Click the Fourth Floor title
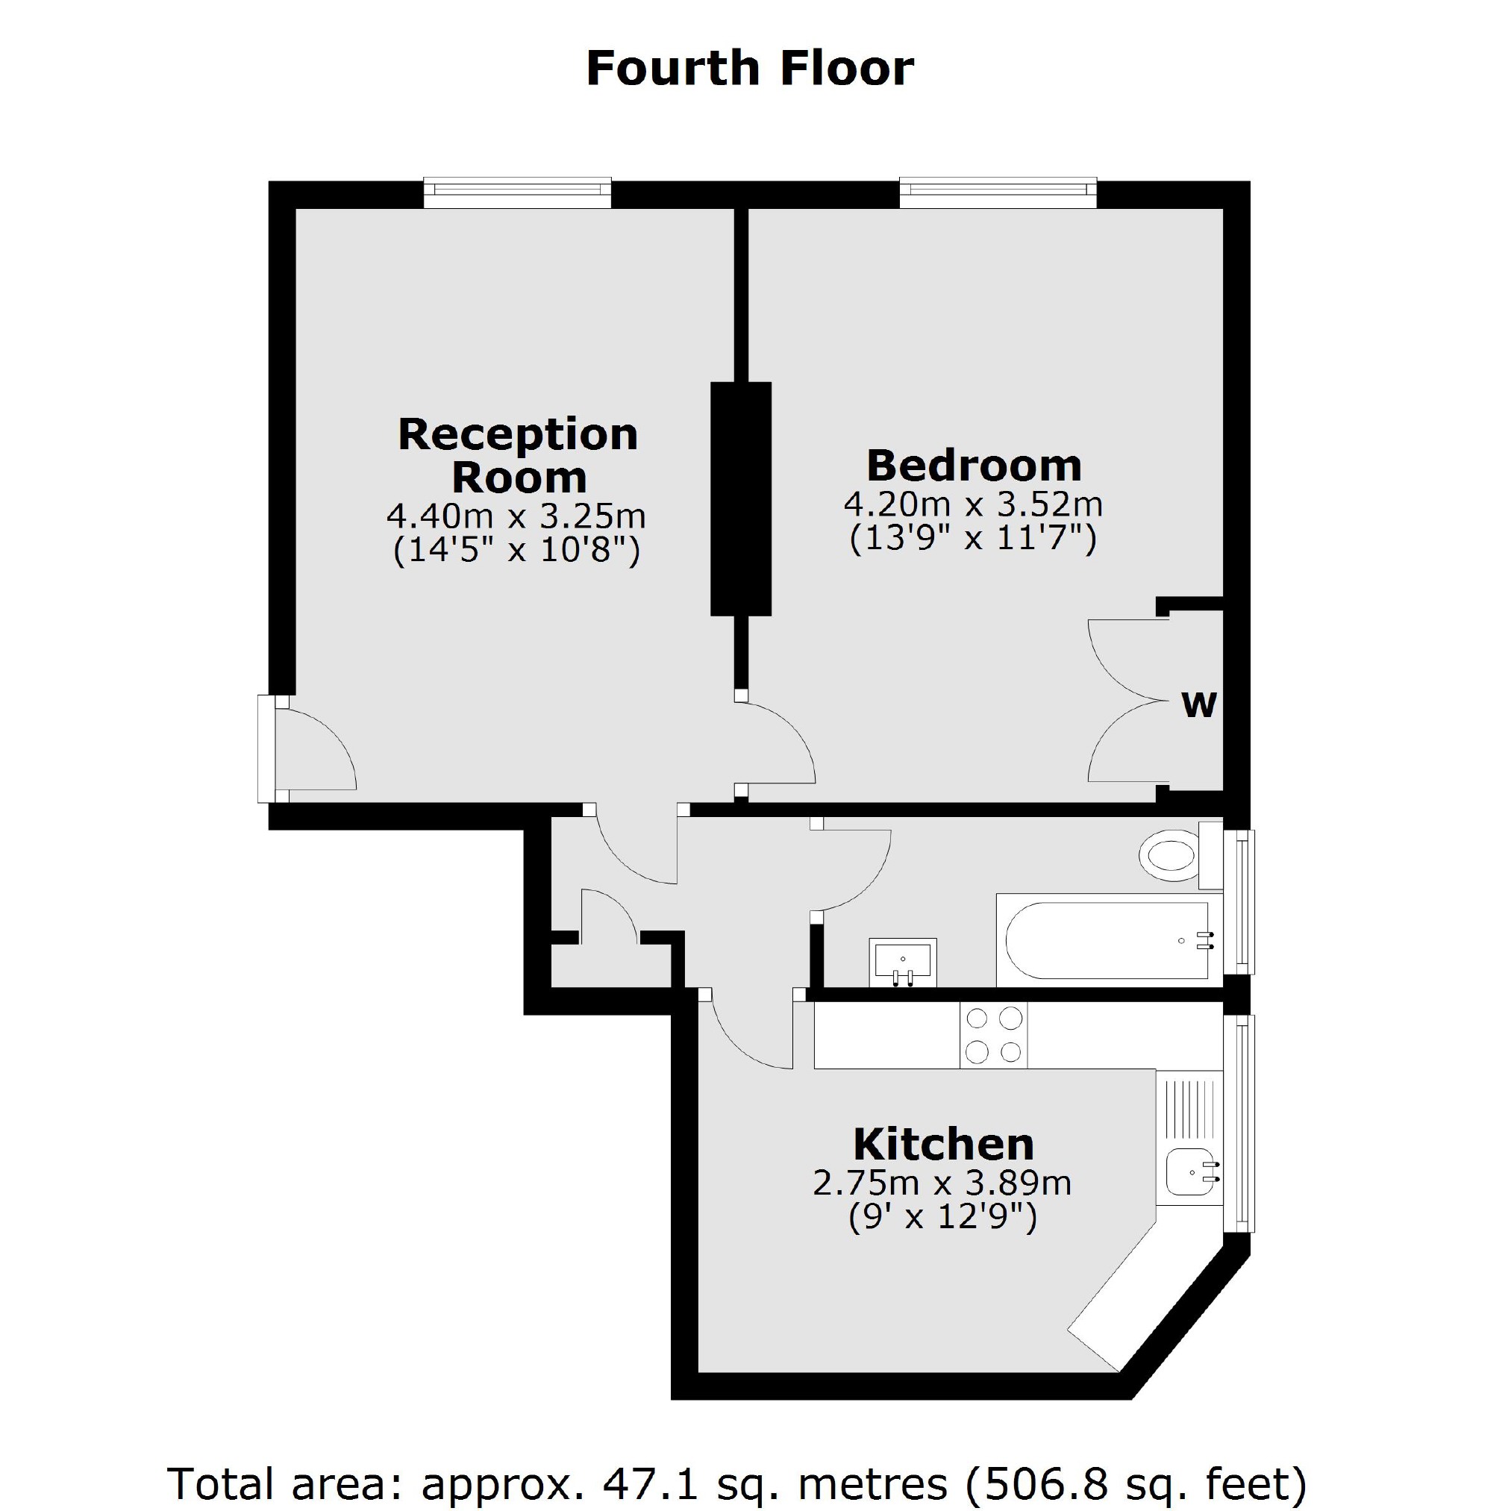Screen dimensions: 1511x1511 pyautogui.click(x=749, y=68)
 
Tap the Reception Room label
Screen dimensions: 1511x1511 pyautogui.click(x=519, y=455)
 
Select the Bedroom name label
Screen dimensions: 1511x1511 pyautogui.click(x=974, y=466)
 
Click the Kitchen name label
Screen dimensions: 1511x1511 pyautogui.click(x=943, y=1144)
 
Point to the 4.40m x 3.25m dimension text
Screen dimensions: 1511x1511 pyautogui.click(x=516, y=516)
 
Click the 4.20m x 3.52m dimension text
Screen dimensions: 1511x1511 pyautogui.click(x=973, y=504)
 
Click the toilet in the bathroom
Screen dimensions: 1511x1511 pyautogui.click(x=1170, y=856)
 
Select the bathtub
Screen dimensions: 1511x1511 pyautogui.click(x=1106, y=941)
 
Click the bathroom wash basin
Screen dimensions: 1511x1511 pyautogui.click(x=903, y=960)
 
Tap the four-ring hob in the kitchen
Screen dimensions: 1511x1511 pyautogui.click(x=993, y=1035)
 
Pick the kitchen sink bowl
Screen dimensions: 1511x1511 pyautogui.click(x=1189, y=1174)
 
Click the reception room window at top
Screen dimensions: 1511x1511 pyautogui.click(x=517, y=193)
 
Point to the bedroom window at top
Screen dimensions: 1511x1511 pyautogui.click(x=997, y=193)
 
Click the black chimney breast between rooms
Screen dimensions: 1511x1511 pyautogui.click(x=741, y=498)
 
